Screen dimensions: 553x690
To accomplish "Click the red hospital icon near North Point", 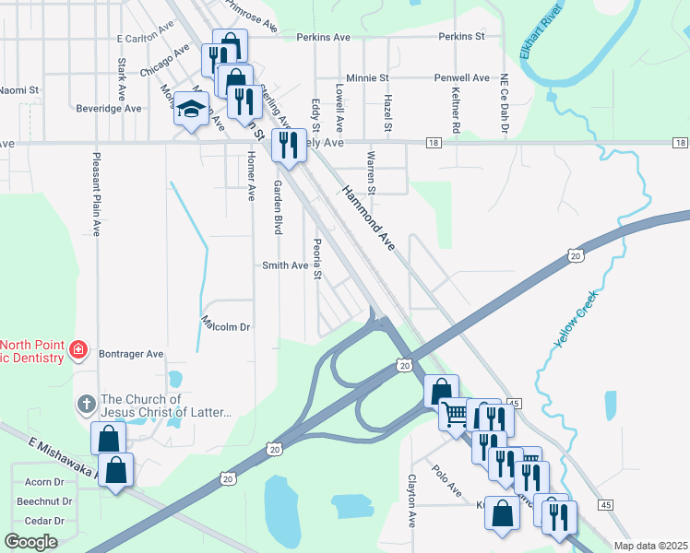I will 78,349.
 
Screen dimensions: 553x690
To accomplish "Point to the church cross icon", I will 86,404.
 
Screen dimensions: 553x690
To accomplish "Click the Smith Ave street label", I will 285,265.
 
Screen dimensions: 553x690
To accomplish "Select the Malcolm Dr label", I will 226,326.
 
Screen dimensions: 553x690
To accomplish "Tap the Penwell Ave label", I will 468,78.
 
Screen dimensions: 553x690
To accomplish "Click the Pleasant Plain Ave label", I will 95,194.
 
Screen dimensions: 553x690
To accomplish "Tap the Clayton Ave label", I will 412,501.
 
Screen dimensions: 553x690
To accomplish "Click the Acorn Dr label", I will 44,482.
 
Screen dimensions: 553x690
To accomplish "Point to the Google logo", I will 30,541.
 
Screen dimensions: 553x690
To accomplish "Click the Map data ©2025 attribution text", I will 651,546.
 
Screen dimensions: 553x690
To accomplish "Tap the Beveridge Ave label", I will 110,108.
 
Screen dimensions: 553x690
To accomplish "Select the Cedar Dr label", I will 46,521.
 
